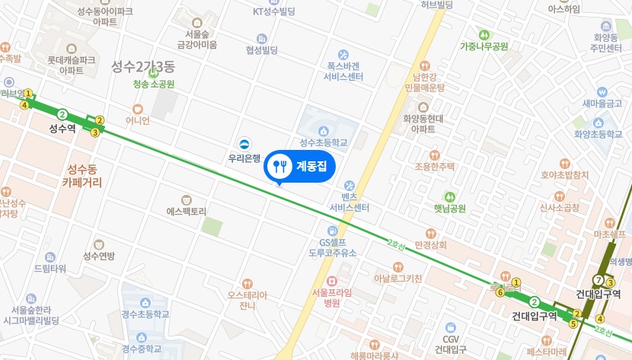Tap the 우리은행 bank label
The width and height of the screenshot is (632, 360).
pyautogui.click(x=244, y=159)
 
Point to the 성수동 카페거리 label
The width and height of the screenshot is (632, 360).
pyautogui.click(x=81, y=176)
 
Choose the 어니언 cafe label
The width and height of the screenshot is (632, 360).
pyautogui.click(x=138, y=120)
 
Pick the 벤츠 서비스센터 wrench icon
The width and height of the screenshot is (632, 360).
pyautogui.click(x=350, y=186)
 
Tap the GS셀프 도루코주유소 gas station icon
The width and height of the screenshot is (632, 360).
pyautogui.click(x=333, y=231)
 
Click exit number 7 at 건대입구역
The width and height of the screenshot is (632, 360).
pyautogui.click(x=599, y=280)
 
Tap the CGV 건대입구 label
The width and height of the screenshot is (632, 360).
pyautogui.click(x=449, y=349)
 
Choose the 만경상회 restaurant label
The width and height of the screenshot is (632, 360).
pyautogui.click(x=431, y=245)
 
